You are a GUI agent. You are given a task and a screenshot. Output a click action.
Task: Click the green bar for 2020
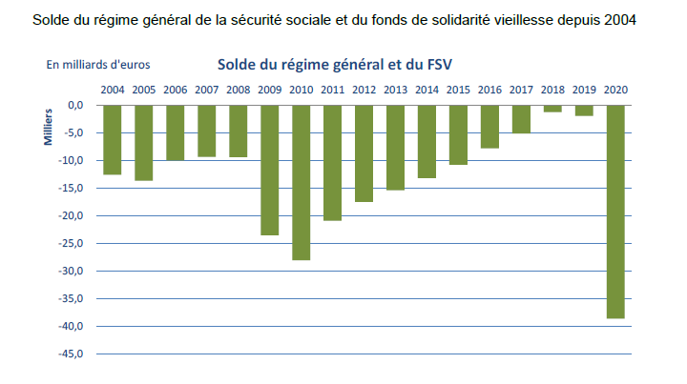(615, 211)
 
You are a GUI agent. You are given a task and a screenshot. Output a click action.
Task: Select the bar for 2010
(302, 181)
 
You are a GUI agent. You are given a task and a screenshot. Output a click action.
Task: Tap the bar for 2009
(270, 169)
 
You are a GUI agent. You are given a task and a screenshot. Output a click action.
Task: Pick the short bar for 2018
(552, 108)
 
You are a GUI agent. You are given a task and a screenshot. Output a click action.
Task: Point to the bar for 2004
(113, 139)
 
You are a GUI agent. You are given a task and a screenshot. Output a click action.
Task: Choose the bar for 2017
(521, 118)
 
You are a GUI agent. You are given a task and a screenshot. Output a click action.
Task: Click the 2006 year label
(175, 90)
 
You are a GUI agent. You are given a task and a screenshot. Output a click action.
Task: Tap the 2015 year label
(458, 90)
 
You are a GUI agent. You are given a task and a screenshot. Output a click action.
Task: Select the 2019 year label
(584, 90)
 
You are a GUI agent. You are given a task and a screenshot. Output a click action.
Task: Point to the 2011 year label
(332, 90)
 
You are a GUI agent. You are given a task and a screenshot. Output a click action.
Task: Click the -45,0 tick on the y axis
(73, 354)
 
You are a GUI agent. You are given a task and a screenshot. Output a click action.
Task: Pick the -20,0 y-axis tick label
(73, 215)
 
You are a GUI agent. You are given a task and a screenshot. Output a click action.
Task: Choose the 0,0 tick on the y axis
(76, 105)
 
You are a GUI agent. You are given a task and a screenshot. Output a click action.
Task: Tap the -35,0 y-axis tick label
(73, 299)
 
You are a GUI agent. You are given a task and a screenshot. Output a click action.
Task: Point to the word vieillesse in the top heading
(531, 18)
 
